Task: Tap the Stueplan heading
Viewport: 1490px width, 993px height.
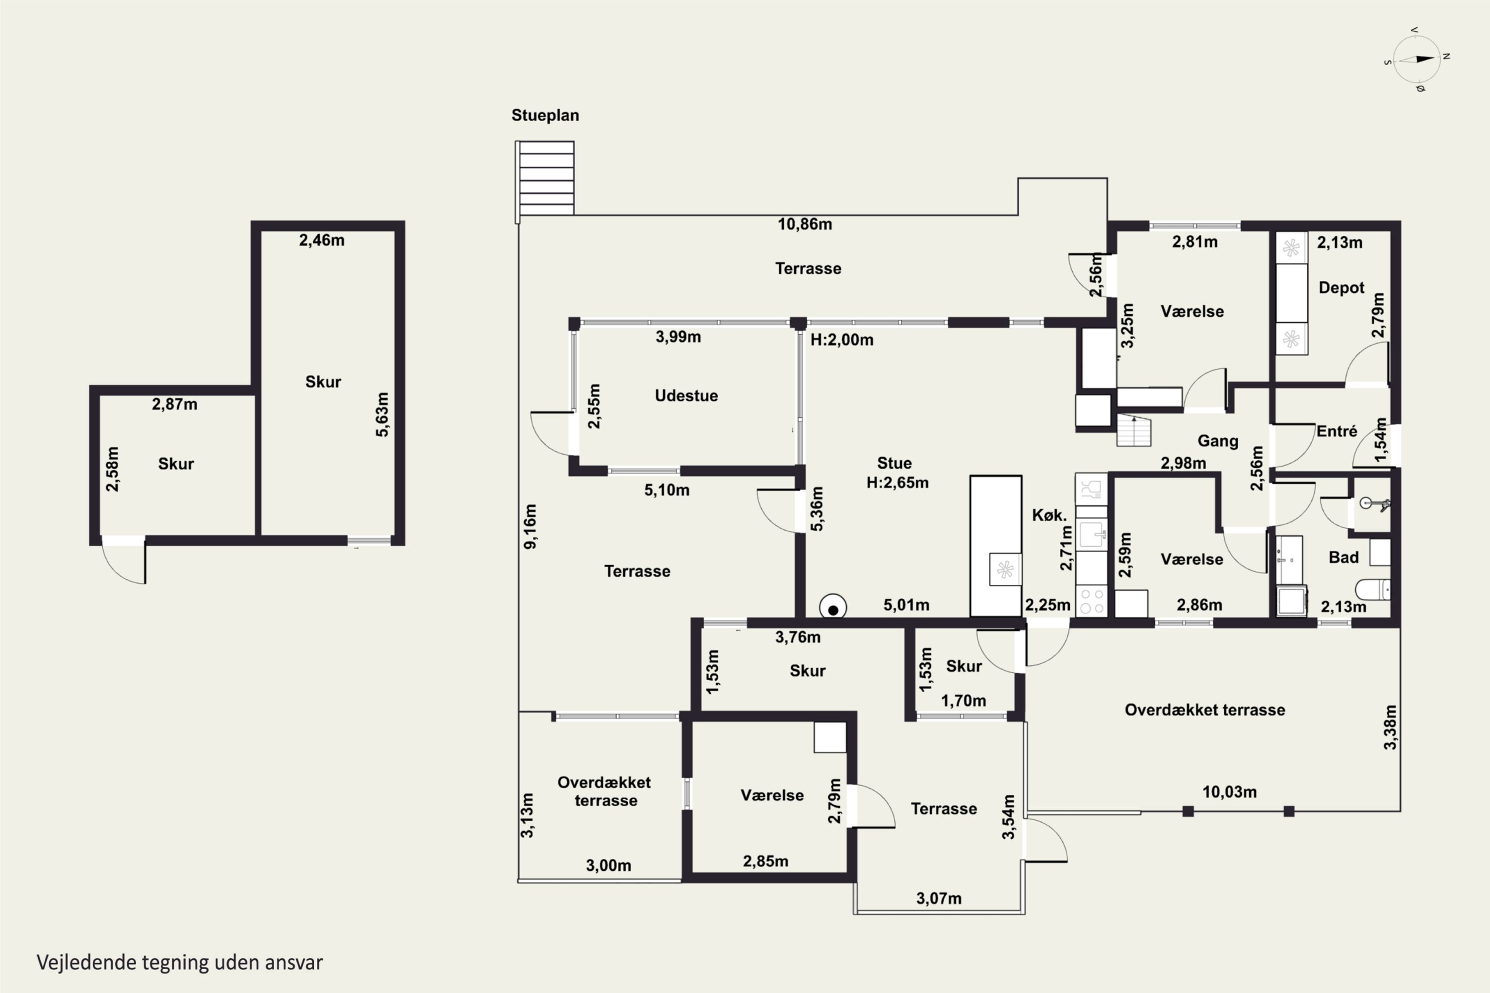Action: [x=545, y=115]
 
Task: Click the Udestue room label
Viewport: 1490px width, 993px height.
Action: [x=686, y=396]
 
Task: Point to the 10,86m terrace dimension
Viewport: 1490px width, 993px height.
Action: [x=805, y=224]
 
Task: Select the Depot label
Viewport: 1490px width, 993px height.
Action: [x=1341, y=288]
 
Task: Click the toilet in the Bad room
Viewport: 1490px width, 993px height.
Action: [x=1373, y=590]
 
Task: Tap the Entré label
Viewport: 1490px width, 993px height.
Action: [x=1337, y=431]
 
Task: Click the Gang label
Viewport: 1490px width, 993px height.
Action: [x=1218, y=441]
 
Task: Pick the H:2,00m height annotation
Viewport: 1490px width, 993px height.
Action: [x=842, y=340]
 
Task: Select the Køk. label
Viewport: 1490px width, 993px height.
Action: [x=1049, y=515]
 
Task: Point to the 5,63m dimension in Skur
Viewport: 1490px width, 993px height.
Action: [x=382, y=415]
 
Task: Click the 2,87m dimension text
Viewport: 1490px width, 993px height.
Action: [x=174, y=404]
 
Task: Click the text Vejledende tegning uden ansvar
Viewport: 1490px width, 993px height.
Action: [x=180, y=963]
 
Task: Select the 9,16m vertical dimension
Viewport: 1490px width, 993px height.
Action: [x=530, y=526]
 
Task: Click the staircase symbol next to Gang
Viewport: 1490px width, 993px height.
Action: [x=1133, y=430]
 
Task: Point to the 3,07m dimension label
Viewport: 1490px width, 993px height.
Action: [x=939, y=899]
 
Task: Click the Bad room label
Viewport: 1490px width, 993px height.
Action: [x=1343, y=557]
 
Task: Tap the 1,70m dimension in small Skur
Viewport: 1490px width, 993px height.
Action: [x=964, y=701]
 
